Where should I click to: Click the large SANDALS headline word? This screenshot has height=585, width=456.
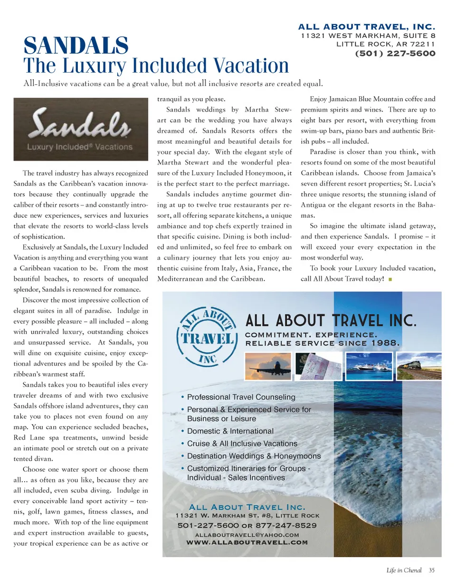(x=76, y=46)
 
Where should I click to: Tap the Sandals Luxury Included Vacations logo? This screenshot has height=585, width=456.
(x=81, y=129)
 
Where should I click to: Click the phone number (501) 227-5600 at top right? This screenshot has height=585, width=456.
(x=395, y=53)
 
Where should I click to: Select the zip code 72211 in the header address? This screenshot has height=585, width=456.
(x=423, y=44)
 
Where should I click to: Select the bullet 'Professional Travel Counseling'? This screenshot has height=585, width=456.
(x=241, y=397)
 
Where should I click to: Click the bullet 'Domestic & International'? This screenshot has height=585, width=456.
(x=230, y=431)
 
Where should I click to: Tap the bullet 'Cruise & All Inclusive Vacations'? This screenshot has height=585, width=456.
(x=242, y=444)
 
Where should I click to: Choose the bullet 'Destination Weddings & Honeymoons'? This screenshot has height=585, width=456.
(x=254, y=456)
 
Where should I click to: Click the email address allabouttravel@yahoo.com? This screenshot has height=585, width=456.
(x=247, y=535)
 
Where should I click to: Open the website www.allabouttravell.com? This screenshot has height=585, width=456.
(x=247, y=542)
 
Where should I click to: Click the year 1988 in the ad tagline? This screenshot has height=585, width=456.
(x=385, y=343)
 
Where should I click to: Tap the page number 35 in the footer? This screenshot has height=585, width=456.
(x=431, y=570)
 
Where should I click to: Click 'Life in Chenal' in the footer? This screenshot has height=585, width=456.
(x=404, y=570)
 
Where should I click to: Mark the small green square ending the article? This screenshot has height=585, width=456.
(x=390, y=279)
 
